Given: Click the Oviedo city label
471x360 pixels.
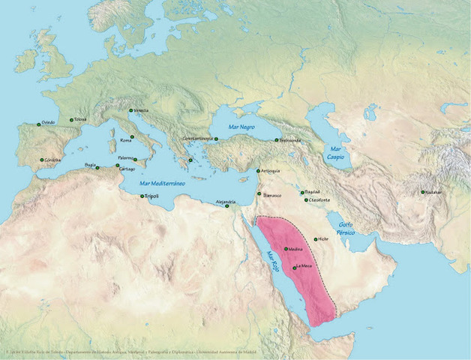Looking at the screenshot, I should [48, 122].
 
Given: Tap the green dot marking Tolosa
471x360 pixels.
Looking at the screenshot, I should [71, 120].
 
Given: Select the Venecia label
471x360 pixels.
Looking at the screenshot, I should [141, 110].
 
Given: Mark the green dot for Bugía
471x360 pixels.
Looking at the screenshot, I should [97, 168].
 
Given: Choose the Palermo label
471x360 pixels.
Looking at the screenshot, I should [124, 158].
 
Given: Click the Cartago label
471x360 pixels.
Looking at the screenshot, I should [127, 169].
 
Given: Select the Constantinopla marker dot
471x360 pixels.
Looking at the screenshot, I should [216, 139].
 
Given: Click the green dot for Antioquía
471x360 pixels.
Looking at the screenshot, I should [259, 172].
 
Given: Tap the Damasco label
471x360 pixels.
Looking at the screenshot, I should [272, 195].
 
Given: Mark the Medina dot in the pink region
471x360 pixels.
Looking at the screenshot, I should [286, 249].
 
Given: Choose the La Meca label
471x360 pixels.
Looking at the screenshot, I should [304, 266].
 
